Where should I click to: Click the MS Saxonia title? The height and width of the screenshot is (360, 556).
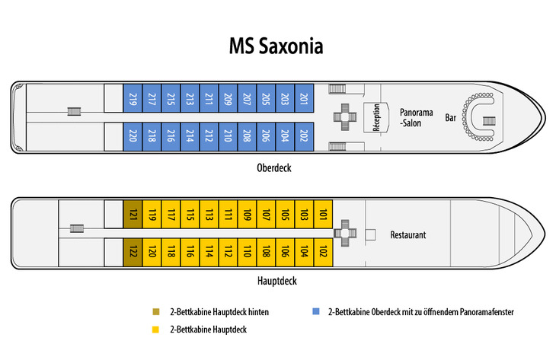point(276,46)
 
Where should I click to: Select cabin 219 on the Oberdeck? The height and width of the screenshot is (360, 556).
point(133,98)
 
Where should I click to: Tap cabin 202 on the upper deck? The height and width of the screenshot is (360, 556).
point(303,137)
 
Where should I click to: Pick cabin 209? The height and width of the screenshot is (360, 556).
point(227,98)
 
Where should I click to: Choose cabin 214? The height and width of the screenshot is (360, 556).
point(190,137)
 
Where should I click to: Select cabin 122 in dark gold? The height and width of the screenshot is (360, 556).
point(133,252)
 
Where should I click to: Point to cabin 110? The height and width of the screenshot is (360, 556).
point(247,252)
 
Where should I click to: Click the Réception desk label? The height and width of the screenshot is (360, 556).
point(376,118)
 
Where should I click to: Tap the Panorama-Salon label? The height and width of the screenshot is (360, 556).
point(416,117)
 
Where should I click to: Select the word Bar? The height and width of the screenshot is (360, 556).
point(451,118)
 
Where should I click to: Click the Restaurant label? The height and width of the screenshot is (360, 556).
point(408,234)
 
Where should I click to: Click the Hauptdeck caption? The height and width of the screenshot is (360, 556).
point(276,281)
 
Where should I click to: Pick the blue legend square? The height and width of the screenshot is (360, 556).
point(316,312)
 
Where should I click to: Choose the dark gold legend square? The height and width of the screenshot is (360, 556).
point(156,312)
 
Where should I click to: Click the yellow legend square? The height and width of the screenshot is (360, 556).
point(156,330)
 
